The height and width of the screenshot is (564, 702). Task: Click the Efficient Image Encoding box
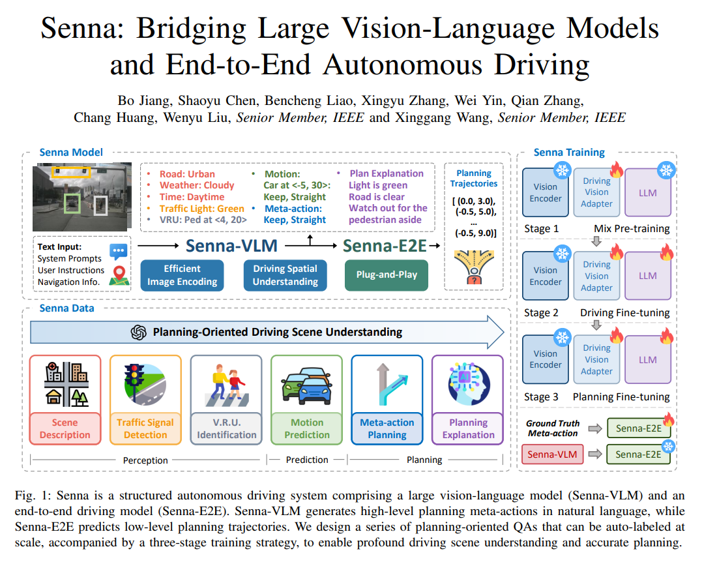182,275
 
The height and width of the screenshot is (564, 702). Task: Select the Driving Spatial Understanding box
285,275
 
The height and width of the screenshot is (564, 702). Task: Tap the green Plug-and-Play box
386,275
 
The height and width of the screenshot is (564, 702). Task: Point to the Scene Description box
65,428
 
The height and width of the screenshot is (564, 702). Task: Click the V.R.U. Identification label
226,428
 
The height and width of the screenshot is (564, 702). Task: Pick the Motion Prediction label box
307,428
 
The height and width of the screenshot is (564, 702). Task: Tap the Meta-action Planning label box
387,428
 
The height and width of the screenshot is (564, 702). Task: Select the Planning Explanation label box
468,428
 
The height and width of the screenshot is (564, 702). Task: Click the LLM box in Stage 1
648,193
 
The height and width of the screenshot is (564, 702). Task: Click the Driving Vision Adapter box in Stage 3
597,359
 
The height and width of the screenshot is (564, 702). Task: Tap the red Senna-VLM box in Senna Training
552,454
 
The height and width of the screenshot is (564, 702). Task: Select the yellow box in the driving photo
72,173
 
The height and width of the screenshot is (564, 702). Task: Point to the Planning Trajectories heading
474,179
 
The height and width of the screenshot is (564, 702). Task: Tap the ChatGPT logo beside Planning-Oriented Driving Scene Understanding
138,332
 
